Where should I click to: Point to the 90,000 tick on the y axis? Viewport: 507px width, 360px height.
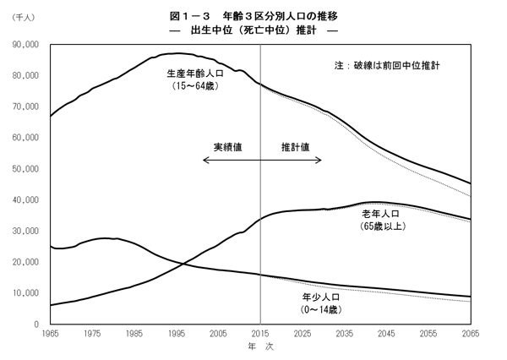pos(26,45)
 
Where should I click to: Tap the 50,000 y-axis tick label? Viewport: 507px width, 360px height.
pos(26,169)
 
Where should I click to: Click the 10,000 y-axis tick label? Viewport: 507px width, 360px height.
pos(26,293)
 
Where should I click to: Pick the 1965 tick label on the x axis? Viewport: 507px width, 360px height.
pos(51,335)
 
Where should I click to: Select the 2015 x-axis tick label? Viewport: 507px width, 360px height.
pos(260,335)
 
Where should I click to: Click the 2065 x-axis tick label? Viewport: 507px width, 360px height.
pos(471,335)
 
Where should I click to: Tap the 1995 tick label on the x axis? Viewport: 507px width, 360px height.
pos(177,335)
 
